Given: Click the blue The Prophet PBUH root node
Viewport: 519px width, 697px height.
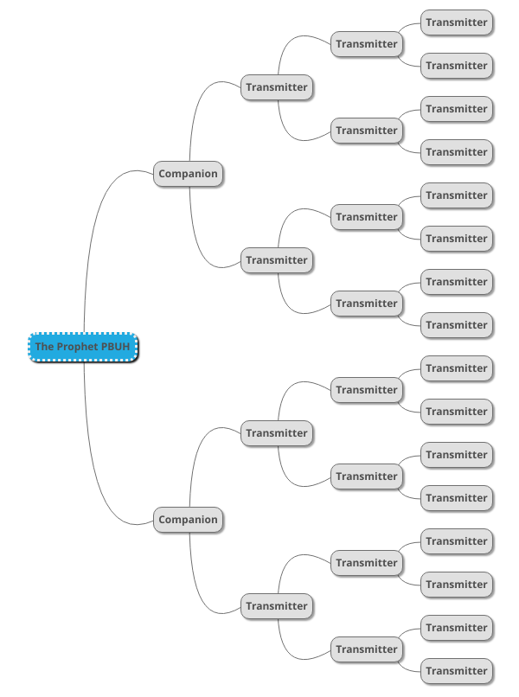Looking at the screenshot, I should (83, 347).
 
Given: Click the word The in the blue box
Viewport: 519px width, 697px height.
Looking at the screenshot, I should (44, 347).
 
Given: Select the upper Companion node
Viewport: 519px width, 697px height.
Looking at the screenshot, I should (188, 174).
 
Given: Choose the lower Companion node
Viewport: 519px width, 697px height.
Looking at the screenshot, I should (188, 520).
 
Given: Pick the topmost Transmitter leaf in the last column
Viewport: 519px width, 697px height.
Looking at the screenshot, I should (457, 22).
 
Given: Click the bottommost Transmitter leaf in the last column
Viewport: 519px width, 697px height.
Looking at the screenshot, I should (457, 671).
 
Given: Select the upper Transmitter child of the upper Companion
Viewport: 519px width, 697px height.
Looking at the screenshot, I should (277, 87).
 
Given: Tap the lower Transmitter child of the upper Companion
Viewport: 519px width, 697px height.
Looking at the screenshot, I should (277, 260).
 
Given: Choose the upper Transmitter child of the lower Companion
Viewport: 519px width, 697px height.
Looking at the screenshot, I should (277, 433).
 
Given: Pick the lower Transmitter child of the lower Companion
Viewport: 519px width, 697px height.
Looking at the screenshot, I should (277, 606).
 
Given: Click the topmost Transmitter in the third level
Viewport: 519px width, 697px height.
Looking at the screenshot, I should (367, 44).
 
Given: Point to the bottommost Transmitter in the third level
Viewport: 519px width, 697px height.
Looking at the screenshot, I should (367, 649).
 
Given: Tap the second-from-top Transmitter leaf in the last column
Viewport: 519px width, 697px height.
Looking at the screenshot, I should (457, 66).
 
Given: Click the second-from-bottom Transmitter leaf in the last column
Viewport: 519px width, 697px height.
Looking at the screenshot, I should (457, 628).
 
